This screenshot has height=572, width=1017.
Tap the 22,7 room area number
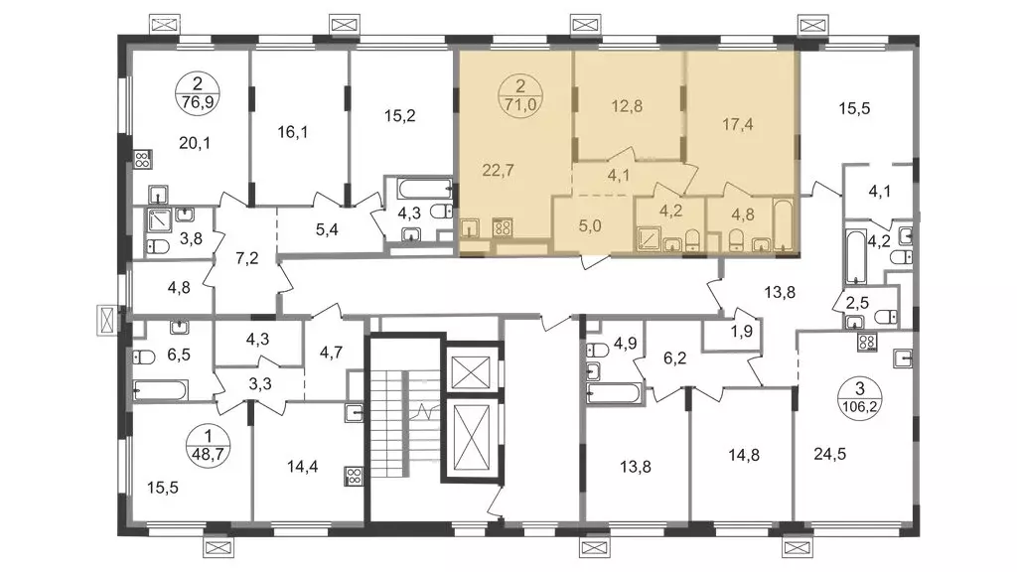tap(499, 171)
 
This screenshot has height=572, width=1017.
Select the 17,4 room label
tap(738, 124)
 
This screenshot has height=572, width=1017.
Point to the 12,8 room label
tap(627, 105)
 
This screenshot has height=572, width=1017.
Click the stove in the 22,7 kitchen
tap(503, 227)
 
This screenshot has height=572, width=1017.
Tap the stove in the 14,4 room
tap(355, 477)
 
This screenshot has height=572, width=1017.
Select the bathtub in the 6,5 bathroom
tap(160, 390)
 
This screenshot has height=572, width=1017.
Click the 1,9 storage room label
tap(741, 332)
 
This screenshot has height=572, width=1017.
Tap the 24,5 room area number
tap(830, 454)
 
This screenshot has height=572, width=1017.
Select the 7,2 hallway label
tap(247, 258)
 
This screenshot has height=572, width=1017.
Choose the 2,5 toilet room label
tap(857, 302)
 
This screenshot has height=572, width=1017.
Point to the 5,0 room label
tap(590, 225)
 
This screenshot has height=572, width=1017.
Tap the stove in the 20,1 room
tap(143, 160)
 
